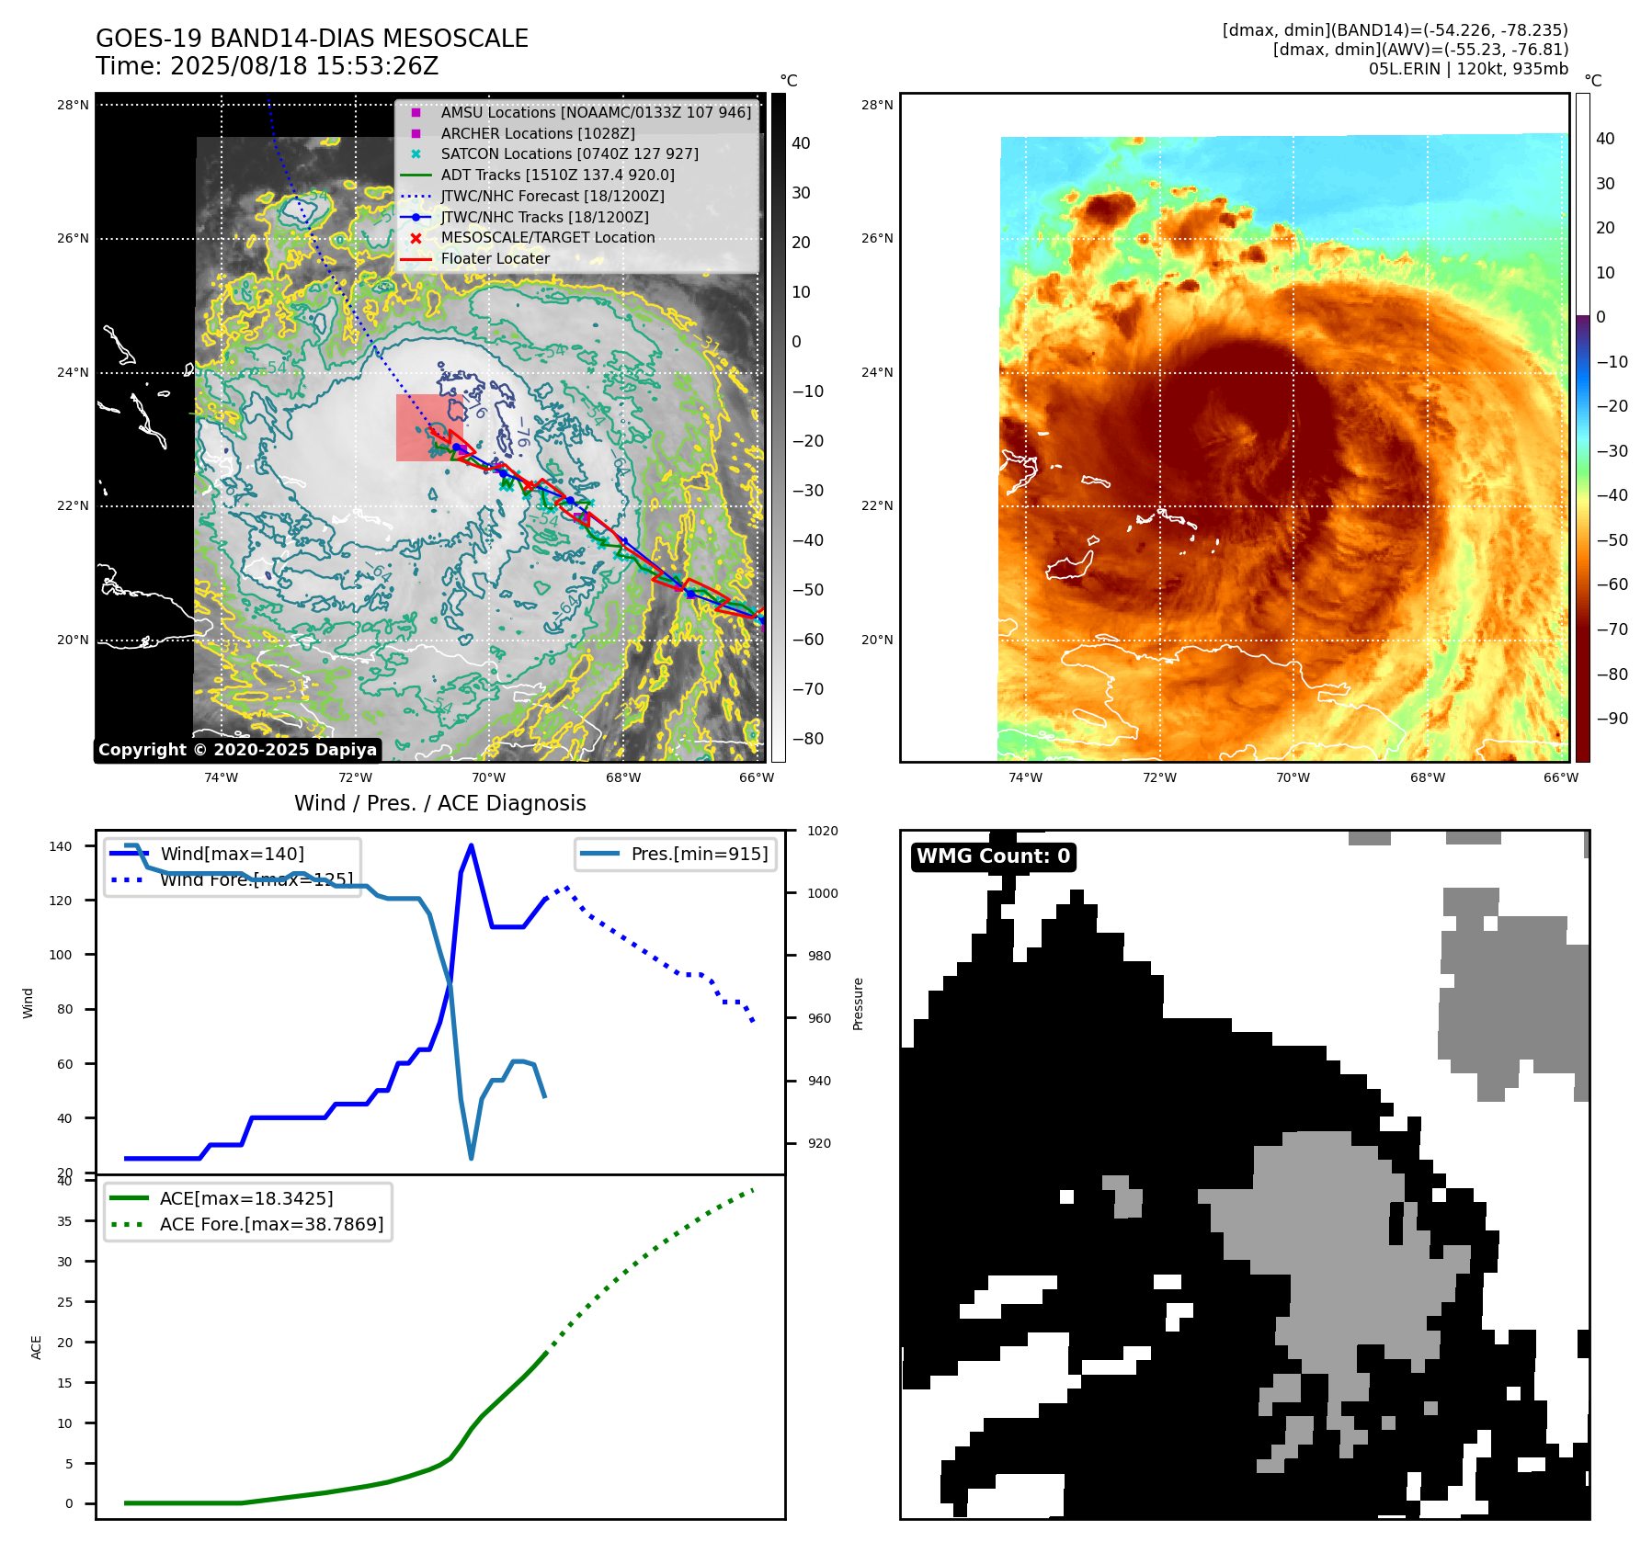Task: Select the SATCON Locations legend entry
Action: click(x=569, y=153)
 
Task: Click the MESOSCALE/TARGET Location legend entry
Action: click(x=547, y=237)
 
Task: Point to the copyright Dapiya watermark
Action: click(x=237, y=750)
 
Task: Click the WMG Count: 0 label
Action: click(x=993, y=856)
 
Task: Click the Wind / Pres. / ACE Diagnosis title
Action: click(x=439, y=803)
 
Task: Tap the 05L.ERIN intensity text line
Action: click(x=1468, y=69)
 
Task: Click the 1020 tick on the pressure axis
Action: click(x=822, y=831)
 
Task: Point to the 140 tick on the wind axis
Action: click(x=61, y=846)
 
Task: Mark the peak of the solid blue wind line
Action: click(x=471, y=845)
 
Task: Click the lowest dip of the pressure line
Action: click(x=472, y=1158)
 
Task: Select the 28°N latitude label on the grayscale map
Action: click(x=73, y=105)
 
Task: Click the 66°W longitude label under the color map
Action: click(x=1560, y=777)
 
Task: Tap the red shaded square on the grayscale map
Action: click(x=428, y=427)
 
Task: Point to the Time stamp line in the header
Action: click(x=267, y=66)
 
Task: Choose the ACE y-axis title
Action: click(x=37, y=1347)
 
